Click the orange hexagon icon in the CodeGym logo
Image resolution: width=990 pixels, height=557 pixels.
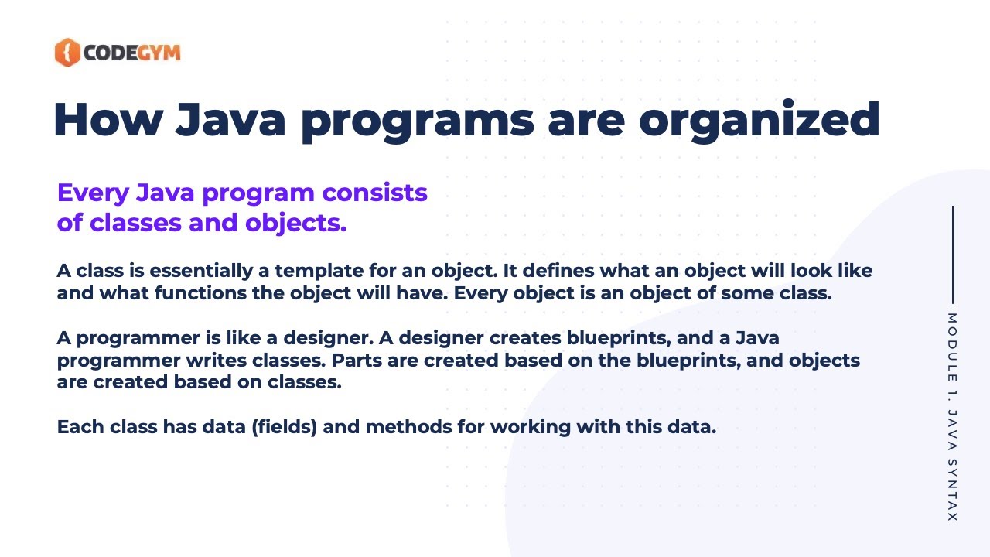point(67,53)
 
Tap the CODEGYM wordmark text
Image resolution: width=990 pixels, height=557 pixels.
point(131,53)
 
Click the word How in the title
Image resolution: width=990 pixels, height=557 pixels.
point(105,120)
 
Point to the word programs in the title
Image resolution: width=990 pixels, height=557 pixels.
point(424,120)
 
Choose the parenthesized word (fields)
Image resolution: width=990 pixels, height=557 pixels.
point(284,427)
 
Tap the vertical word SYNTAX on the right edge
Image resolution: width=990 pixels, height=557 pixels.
point(952,490)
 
